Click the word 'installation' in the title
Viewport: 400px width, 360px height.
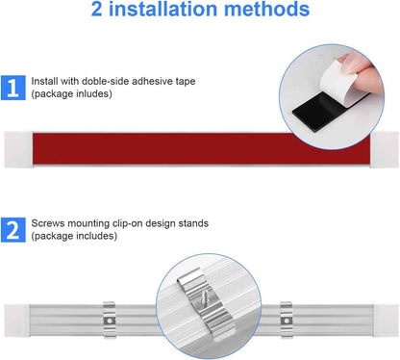pos(163,9)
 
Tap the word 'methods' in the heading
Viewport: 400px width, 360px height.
pos(266,9)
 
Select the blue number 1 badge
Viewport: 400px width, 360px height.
pos(13,88)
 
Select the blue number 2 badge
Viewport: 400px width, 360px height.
pos(13,230)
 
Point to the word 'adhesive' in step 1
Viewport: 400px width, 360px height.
pos(152,81)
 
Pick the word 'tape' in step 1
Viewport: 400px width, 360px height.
pos(186,82)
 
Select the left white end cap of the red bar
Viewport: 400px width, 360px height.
pos(18,149)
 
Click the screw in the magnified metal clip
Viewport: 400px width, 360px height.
pos(204,299)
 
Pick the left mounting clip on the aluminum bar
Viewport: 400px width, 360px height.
pos(110,320)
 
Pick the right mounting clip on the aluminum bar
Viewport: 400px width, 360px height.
pos(287,320)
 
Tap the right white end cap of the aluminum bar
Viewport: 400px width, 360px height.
pos(386,321)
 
